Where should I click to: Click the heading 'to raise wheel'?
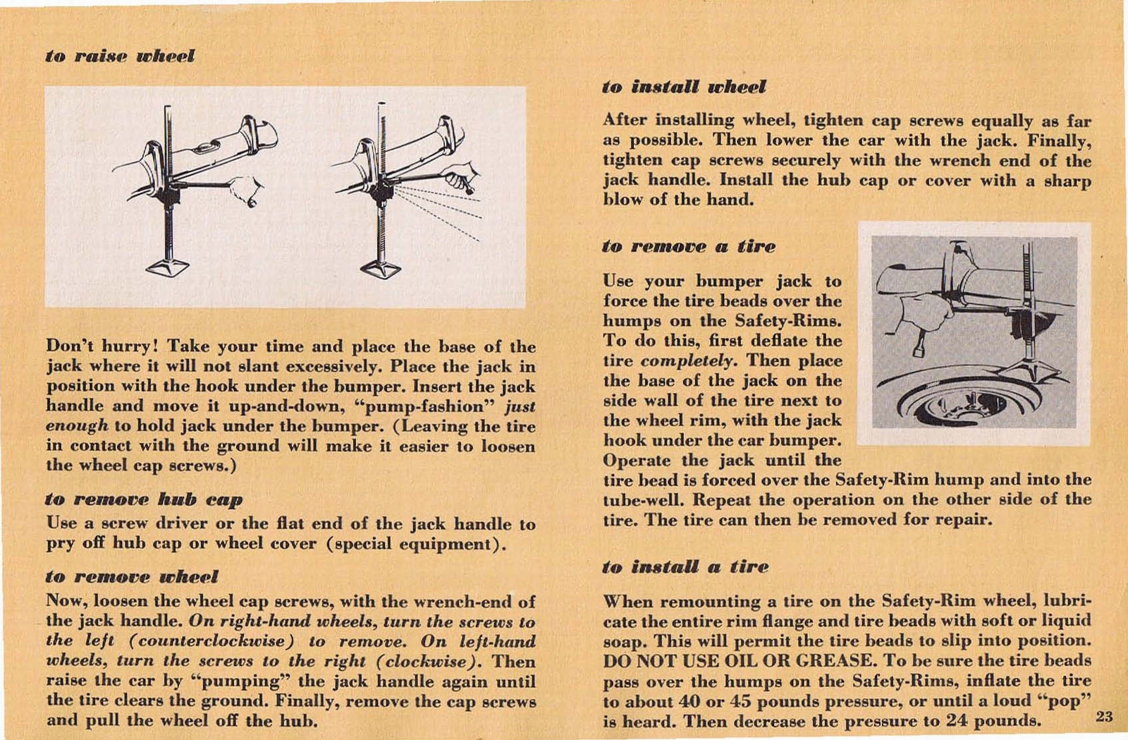point(120,56)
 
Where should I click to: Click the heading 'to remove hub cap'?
point(144,499)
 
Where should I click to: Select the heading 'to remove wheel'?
point(132,576)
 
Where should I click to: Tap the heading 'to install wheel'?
point(684,87)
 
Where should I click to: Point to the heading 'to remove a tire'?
point(688,246)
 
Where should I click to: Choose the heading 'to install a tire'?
point(685,566)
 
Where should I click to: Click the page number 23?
point(1104,717)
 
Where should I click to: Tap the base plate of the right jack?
point(381,269)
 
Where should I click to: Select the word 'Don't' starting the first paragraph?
point(69,346)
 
